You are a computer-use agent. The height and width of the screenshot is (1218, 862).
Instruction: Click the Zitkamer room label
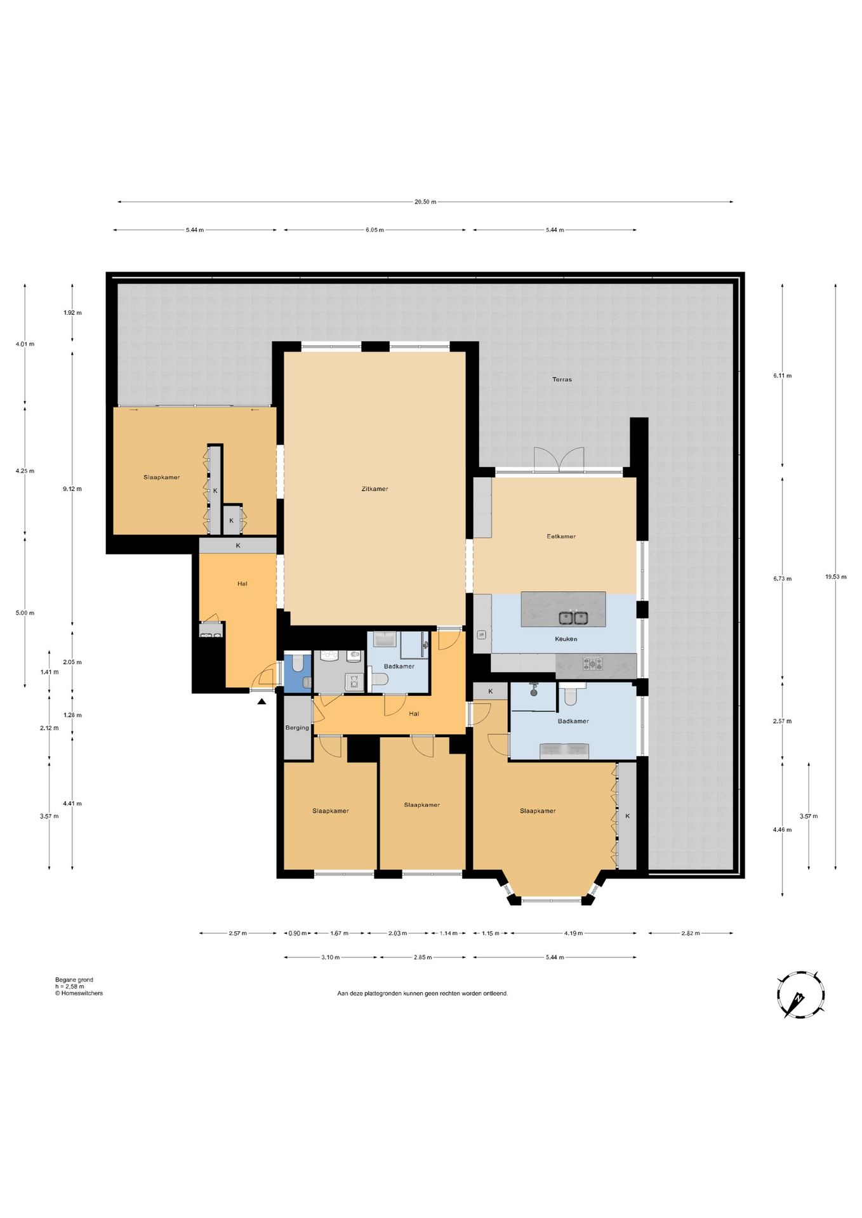pos(375,488)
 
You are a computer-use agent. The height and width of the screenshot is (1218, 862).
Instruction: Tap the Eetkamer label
pos(561,536)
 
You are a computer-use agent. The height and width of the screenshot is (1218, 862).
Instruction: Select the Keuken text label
pos(566,639)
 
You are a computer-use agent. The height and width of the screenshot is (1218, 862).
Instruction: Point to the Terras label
pos(562,379)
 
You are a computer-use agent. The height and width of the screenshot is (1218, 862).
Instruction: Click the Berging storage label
pos(297,728)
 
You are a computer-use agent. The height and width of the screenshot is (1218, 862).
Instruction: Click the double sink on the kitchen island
pos(573,617)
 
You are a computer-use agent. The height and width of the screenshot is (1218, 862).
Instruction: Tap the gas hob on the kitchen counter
pos(593,664)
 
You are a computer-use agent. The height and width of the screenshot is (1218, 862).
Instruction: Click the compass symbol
pos(801,995)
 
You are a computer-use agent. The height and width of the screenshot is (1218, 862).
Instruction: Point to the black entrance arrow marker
pos(262,702)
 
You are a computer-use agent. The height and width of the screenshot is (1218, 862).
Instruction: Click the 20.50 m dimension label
pos(425,202)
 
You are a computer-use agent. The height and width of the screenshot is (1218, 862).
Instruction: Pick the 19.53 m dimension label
pos(835,577)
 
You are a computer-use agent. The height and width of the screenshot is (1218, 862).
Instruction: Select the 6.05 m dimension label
pos(375,230)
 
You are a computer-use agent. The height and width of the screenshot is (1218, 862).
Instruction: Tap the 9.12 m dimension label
pos(72,489)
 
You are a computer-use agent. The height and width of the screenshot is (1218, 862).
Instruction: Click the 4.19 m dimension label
pos(573,933)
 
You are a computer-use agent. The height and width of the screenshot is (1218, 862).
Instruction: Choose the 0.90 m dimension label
pos(297,933)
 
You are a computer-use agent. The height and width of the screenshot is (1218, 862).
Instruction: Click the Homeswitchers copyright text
pos(79,993)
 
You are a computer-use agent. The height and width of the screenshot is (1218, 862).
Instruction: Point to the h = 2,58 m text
pos(70,986)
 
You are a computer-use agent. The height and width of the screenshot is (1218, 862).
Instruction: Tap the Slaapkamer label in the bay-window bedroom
pos(538,811)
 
